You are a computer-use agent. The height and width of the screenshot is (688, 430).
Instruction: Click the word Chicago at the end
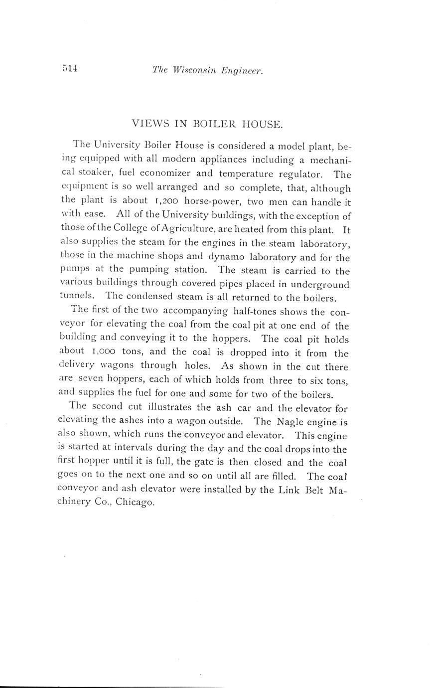tap(135, 503)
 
